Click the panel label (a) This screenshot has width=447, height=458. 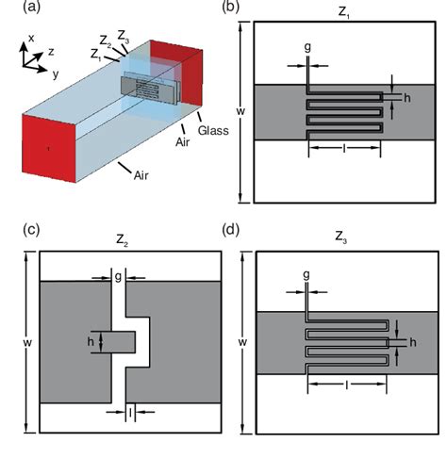coord(18,8)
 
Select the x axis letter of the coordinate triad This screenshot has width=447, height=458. coord(32,37)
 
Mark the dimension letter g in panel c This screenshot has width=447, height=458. coord(118,277)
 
